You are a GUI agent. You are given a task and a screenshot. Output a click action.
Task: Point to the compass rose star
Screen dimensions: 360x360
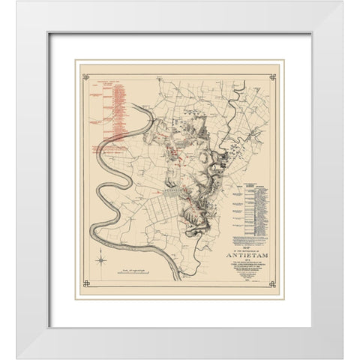click(x=100, y=260)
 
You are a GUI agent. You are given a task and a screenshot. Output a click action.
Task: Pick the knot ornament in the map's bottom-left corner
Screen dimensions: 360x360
click(x=85, y=283)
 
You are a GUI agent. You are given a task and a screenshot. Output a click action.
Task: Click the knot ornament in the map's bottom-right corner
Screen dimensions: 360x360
click(x=273, y=283)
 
